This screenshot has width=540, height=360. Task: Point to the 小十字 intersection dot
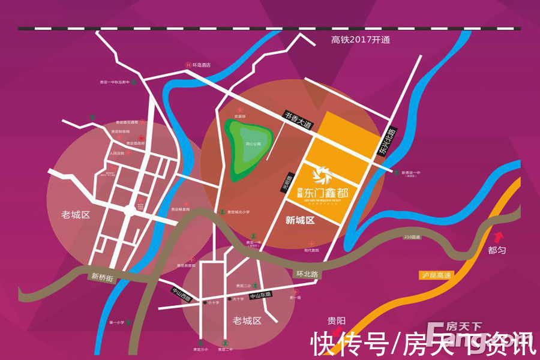coord(200,302)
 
